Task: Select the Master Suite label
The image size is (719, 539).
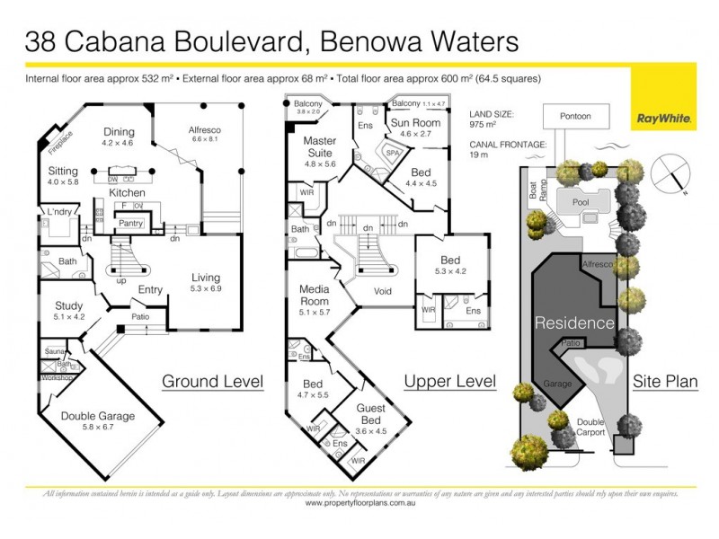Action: (319, 146)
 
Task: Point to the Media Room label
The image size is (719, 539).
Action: (319, 296)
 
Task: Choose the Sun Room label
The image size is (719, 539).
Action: (415, 126)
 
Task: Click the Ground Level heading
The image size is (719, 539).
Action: (212, 382)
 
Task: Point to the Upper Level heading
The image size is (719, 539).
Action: (450, 382)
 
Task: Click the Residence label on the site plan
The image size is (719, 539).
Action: (576, 323)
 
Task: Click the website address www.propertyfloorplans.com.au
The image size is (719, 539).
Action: (359, 504)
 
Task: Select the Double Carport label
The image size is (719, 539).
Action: (591, 428)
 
